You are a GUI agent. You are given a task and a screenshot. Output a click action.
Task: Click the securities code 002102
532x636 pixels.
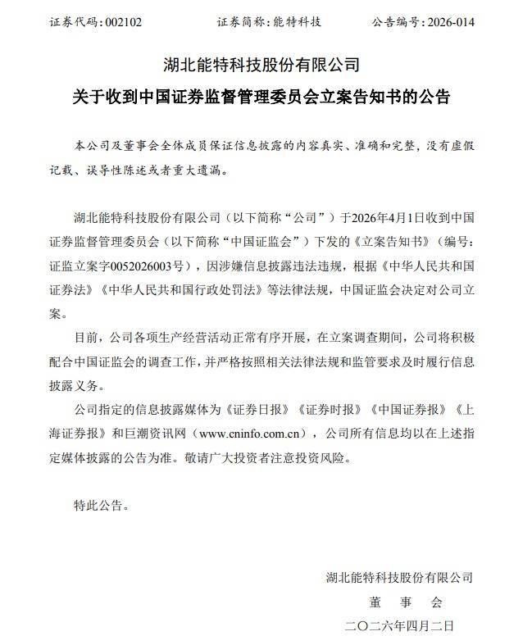tap(123, 22)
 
